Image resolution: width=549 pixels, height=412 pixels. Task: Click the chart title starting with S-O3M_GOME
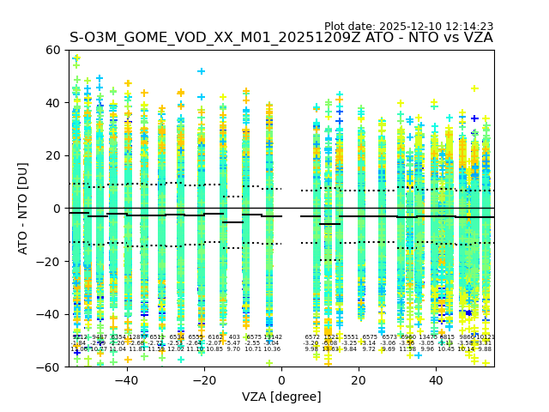(281, 38)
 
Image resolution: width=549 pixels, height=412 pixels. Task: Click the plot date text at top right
(408, 27)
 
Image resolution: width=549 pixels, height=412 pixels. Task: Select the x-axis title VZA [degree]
(281, 397)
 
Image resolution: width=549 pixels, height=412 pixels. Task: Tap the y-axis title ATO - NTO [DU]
(24, 209)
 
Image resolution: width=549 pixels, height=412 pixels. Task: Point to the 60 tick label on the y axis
(53, 50)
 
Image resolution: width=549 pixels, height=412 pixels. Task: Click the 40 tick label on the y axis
(53, 103)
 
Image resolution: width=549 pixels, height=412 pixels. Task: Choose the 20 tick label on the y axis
(53, 155)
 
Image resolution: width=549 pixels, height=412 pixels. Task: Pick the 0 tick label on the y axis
(57, 209)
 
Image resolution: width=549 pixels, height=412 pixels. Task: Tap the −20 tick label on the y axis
(50, 261)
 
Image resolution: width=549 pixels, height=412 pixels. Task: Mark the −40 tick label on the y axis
(50, 314)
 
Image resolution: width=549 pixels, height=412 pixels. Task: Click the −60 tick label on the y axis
(50, 367)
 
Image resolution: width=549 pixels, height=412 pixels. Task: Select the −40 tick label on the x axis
(126, 379)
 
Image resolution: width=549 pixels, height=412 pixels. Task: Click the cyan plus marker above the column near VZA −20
(202, 71)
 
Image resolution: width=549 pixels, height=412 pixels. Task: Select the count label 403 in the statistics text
(234, 337)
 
